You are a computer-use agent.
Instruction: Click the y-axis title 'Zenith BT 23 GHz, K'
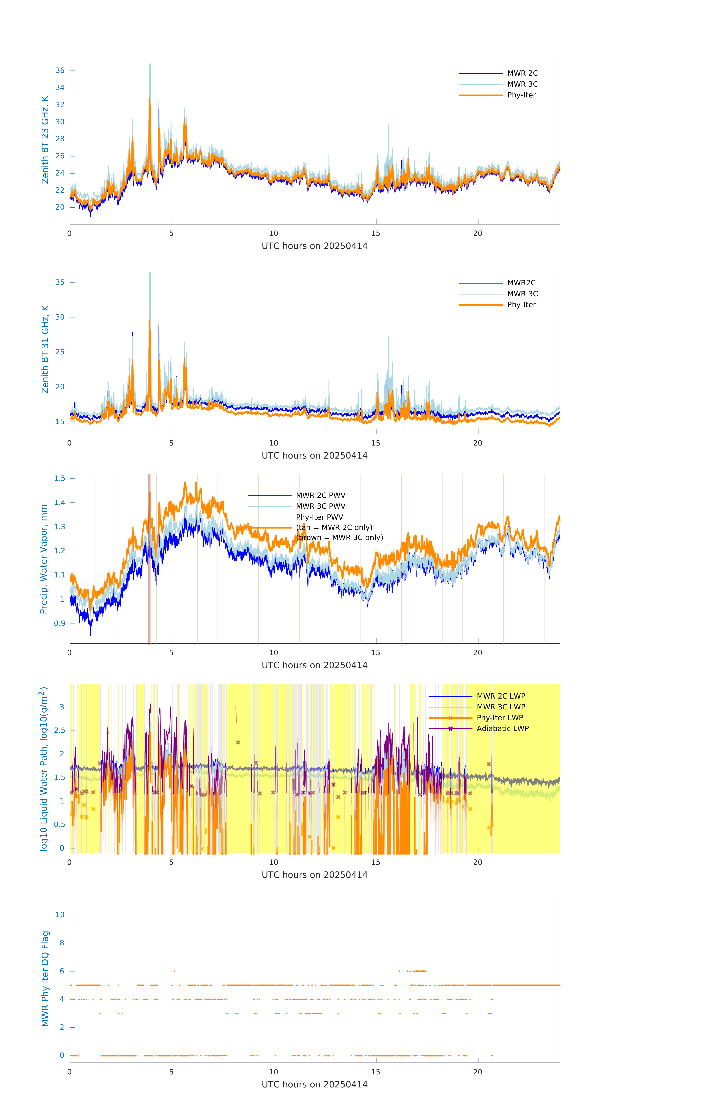(x=45, y=140)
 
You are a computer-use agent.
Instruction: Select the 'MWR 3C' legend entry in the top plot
(x=522, y=84)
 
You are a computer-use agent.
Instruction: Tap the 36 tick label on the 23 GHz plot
(x=60, y=71)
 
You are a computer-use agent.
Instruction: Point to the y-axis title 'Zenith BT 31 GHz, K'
(x=45, y=349)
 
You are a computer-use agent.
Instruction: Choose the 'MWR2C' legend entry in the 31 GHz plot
(x=521, y=283)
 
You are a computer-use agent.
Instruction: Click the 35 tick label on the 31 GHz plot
(x=60, y=282)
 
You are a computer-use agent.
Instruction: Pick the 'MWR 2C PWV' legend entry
(x=320, y=495)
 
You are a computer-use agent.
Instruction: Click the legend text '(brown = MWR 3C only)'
(x=340, y=538)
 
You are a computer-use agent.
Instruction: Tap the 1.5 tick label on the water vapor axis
(x=59, y=478)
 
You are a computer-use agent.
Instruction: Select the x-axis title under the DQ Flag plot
(x=314, y=1085)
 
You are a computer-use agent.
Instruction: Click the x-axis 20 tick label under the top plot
(x=478, y=233)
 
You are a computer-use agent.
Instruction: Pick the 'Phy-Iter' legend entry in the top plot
(x=521, y=95)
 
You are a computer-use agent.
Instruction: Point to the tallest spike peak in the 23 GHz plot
(x=149, y=64)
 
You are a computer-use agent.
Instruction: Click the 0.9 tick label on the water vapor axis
(x=59, y=623)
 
